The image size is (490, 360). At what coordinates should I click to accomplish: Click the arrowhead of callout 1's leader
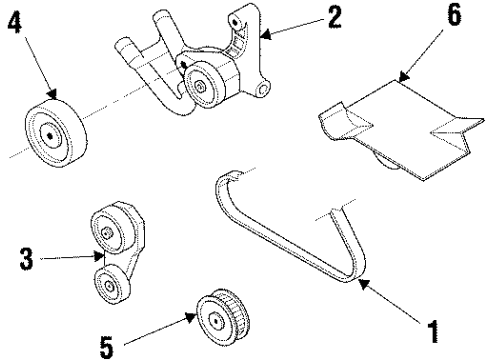click(361, 284)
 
